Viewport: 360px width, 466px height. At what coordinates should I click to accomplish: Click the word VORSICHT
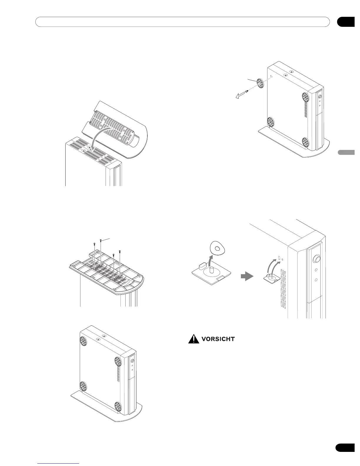click(218, 339)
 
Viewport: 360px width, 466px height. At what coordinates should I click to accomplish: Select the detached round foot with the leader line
click(259, 84)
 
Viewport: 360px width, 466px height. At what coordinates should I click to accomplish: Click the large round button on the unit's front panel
click(316, 259)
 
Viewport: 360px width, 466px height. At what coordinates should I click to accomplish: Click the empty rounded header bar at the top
click(182, 22)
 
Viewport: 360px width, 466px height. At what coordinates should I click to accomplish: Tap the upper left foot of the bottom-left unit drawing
click(84, 340)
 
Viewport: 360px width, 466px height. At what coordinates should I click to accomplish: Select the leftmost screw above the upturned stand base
click(94, 244)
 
